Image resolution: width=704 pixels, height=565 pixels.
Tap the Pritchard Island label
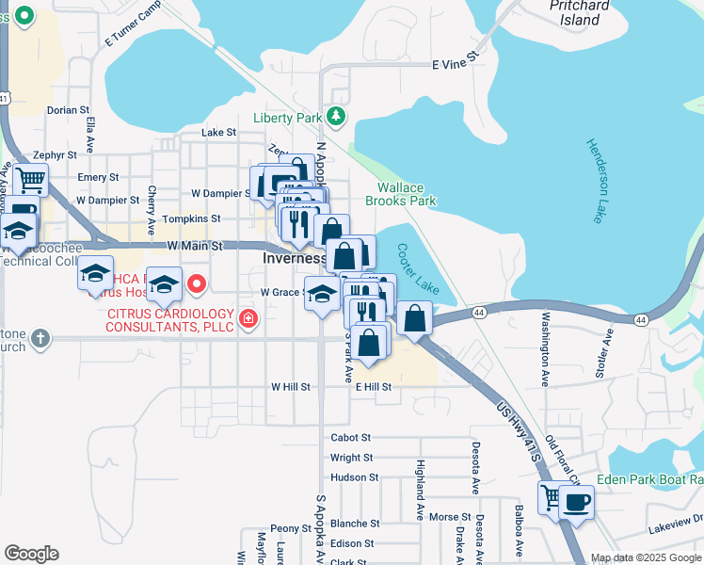(573, 12)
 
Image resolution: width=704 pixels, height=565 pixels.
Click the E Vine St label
(456, 65)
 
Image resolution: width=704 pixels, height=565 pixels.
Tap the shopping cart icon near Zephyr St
(30, 178)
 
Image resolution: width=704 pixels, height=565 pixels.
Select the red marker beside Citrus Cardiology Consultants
(248, 319)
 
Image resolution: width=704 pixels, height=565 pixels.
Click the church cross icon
(40, 337)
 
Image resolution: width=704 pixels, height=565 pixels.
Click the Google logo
(31, 554)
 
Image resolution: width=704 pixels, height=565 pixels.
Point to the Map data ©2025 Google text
(646, 557)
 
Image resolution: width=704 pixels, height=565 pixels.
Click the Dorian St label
(68, 110)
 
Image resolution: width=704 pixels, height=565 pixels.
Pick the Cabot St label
(351, 438)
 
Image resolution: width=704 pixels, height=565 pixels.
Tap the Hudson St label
(354, 477)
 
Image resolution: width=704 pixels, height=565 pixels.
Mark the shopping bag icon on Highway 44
(414, 318)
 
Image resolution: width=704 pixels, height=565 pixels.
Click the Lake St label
(218, 133)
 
